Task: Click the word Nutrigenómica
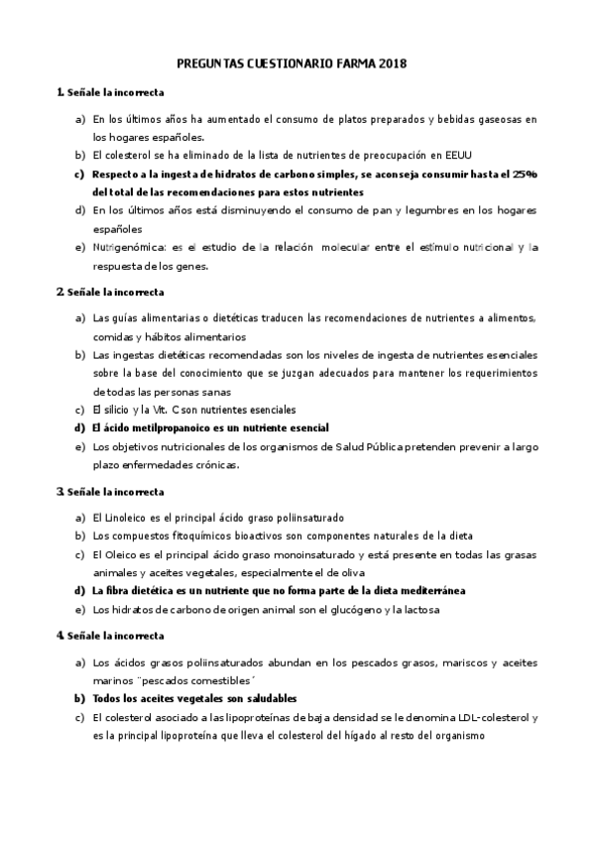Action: pos(129,246)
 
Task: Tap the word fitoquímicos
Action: pos(202,536)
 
